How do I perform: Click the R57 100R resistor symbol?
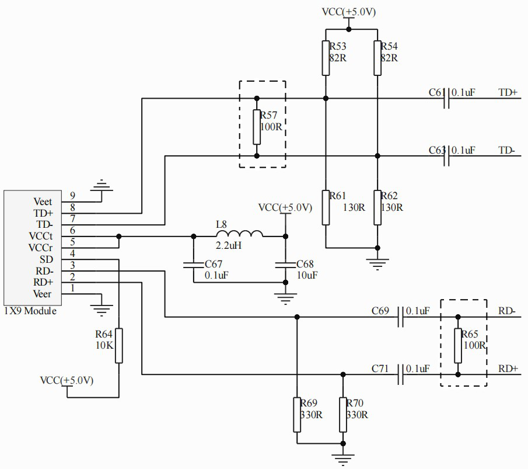pos(257,127)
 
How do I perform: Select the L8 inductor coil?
pos(239,234)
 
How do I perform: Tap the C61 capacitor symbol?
pos(446,99)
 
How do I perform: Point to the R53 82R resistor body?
pos(326,58)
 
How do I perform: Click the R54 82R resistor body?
pos(377,58)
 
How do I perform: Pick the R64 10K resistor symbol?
pos(119,346)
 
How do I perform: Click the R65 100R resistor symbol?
pos(458,346)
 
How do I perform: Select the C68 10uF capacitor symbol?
pos(285,265)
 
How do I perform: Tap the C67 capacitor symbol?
pos(194,265)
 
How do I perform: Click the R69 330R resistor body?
pos(296,415)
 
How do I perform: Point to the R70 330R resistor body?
pos(343,415)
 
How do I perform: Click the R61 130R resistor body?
pos(326,207)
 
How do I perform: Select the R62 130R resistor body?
pos(377,207)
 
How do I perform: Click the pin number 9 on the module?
pos(72,196)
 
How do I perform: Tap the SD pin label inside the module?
pos(46,259)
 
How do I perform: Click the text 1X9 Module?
pos(30,311)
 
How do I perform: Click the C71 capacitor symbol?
pos(400,374)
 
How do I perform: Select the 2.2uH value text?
pos(229,245)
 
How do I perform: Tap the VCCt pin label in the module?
pos(41,236)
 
